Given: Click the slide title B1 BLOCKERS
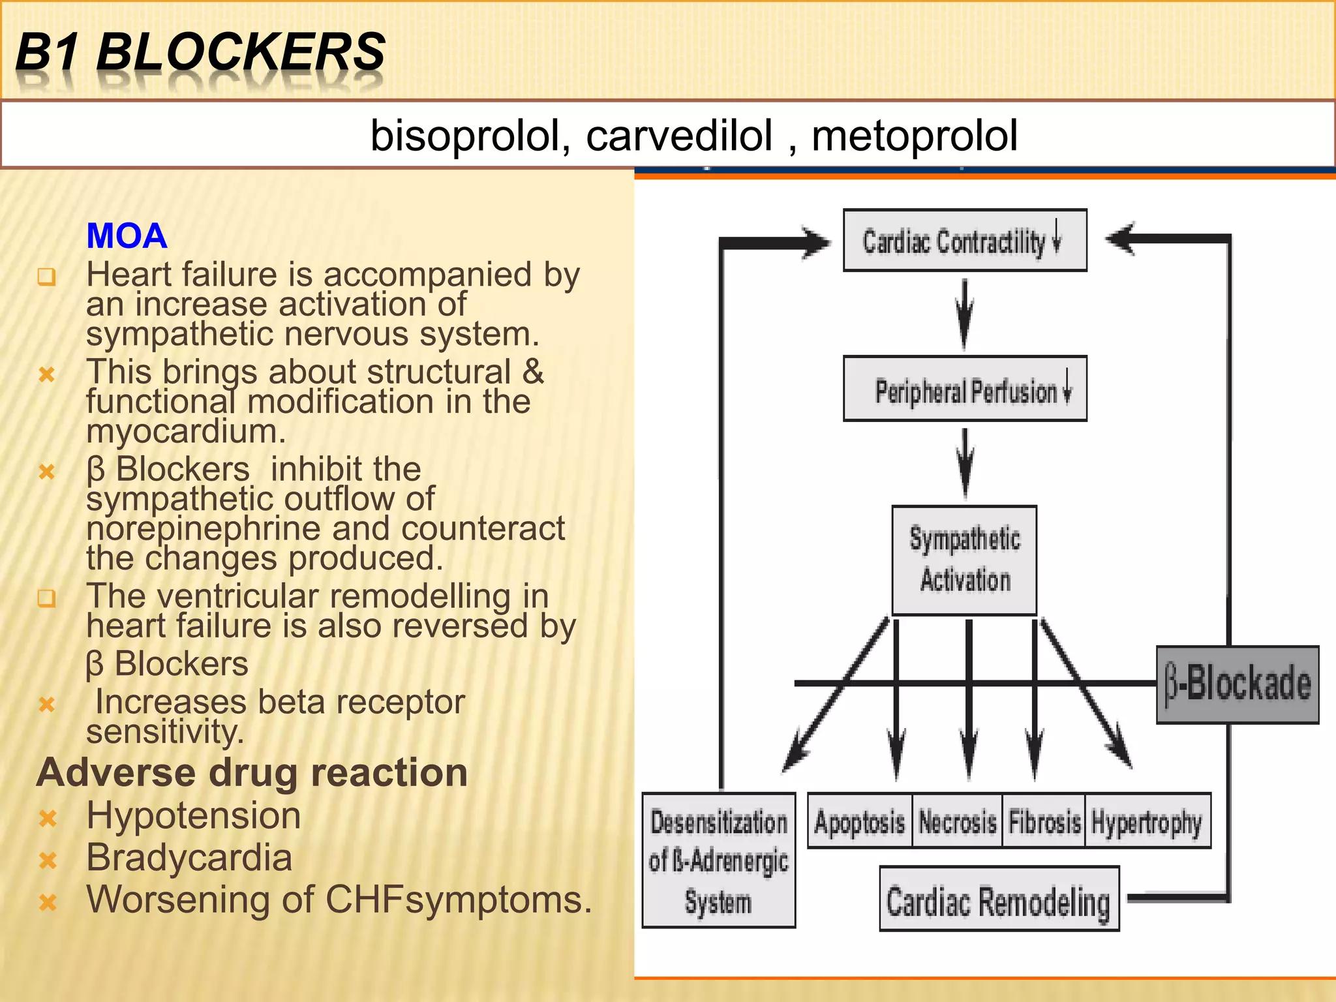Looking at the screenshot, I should [200, 52].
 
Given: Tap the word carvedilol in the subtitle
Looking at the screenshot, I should [678, 136].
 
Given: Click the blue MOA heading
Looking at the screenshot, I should [127, 235].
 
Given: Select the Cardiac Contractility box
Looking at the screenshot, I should [964, 240].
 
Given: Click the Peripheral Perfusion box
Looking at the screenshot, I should [964, 389].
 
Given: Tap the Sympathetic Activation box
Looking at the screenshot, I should [964, 560].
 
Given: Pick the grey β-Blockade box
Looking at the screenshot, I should [1237, 684].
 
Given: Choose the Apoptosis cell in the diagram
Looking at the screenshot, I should [859, 821].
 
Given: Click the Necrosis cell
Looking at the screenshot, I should [957, 821].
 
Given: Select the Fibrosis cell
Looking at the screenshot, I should [1044, 821].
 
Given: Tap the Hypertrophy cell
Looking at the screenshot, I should [1147, 821].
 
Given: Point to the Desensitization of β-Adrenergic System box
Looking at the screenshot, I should [718, 860].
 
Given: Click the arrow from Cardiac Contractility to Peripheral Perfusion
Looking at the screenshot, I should [965, 314].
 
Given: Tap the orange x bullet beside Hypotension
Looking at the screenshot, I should [48, 818].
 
